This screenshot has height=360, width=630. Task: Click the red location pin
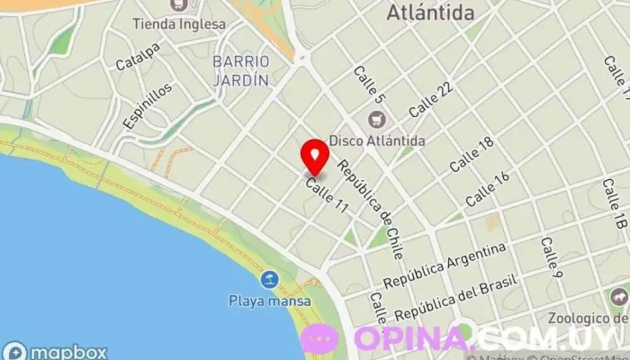coord(314,157)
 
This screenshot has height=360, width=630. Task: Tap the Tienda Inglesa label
coord(179,23)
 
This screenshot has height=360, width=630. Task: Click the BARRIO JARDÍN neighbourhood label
coord(240,70)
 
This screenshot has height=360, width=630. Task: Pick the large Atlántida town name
coord(430,13)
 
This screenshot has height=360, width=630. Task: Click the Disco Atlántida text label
coord(377,140)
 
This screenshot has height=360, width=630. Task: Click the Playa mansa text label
coord(269,301)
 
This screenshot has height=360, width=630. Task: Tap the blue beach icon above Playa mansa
coord(269,280)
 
